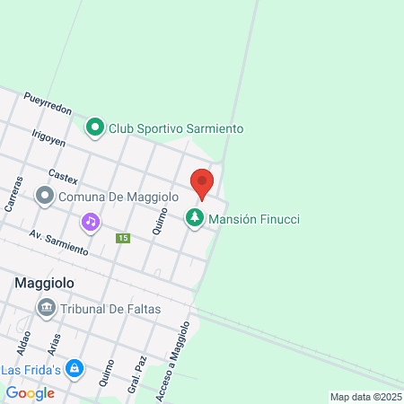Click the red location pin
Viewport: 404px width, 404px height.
(202, 183)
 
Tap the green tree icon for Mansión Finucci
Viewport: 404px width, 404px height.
(194, 218)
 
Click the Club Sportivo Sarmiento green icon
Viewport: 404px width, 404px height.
(95, 128)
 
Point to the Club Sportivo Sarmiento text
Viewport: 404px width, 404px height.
(176, 129)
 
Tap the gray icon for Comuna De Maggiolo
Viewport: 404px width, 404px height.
(44, 195)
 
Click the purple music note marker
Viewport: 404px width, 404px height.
(90, 221)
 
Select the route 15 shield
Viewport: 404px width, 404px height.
(123, 238)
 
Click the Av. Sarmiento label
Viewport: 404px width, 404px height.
(58, 242)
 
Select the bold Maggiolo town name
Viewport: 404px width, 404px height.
(44, 283)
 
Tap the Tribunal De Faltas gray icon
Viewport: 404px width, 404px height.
(47, 309)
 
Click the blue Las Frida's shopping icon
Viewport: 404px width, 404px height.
(75, 369)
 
